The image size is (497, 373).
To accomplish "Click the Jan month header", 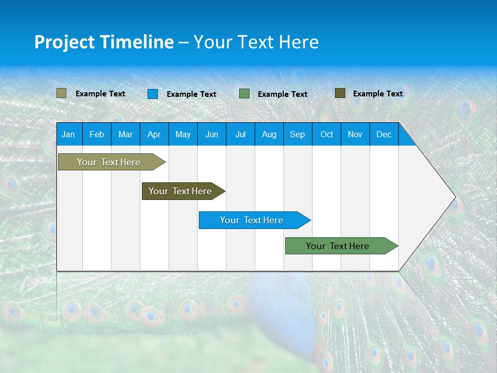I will (x=68, y=134).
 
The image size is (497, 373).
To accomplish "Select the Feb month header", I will (x=97, y=134).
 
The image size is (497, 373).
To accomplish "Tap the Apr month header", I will (x=154, y=134).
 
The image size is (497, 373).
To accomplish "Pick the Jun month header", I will (x=212, y=134).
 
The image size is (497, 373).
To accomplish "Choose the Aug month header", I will (x=269, y=134).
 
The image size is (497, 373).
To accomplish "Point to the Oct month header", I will (x=327, y=134).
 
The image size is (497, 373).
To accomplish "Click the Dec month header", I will (x=384, y=134).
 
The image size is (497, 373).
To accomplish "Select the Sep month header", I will (x=298, y=134).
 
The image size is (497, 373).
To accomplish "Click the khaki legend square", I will (x=62, y=93).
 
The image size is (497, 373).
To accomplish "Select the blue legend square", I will (x=153, y=94).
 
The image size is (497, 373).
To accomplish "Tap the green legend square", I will (x=244, y=94).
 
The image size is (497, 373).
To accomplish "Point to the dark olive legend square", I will (x=340, y=93).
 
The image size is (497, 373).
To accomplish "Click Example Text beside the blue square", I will (x=192, y=94).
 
